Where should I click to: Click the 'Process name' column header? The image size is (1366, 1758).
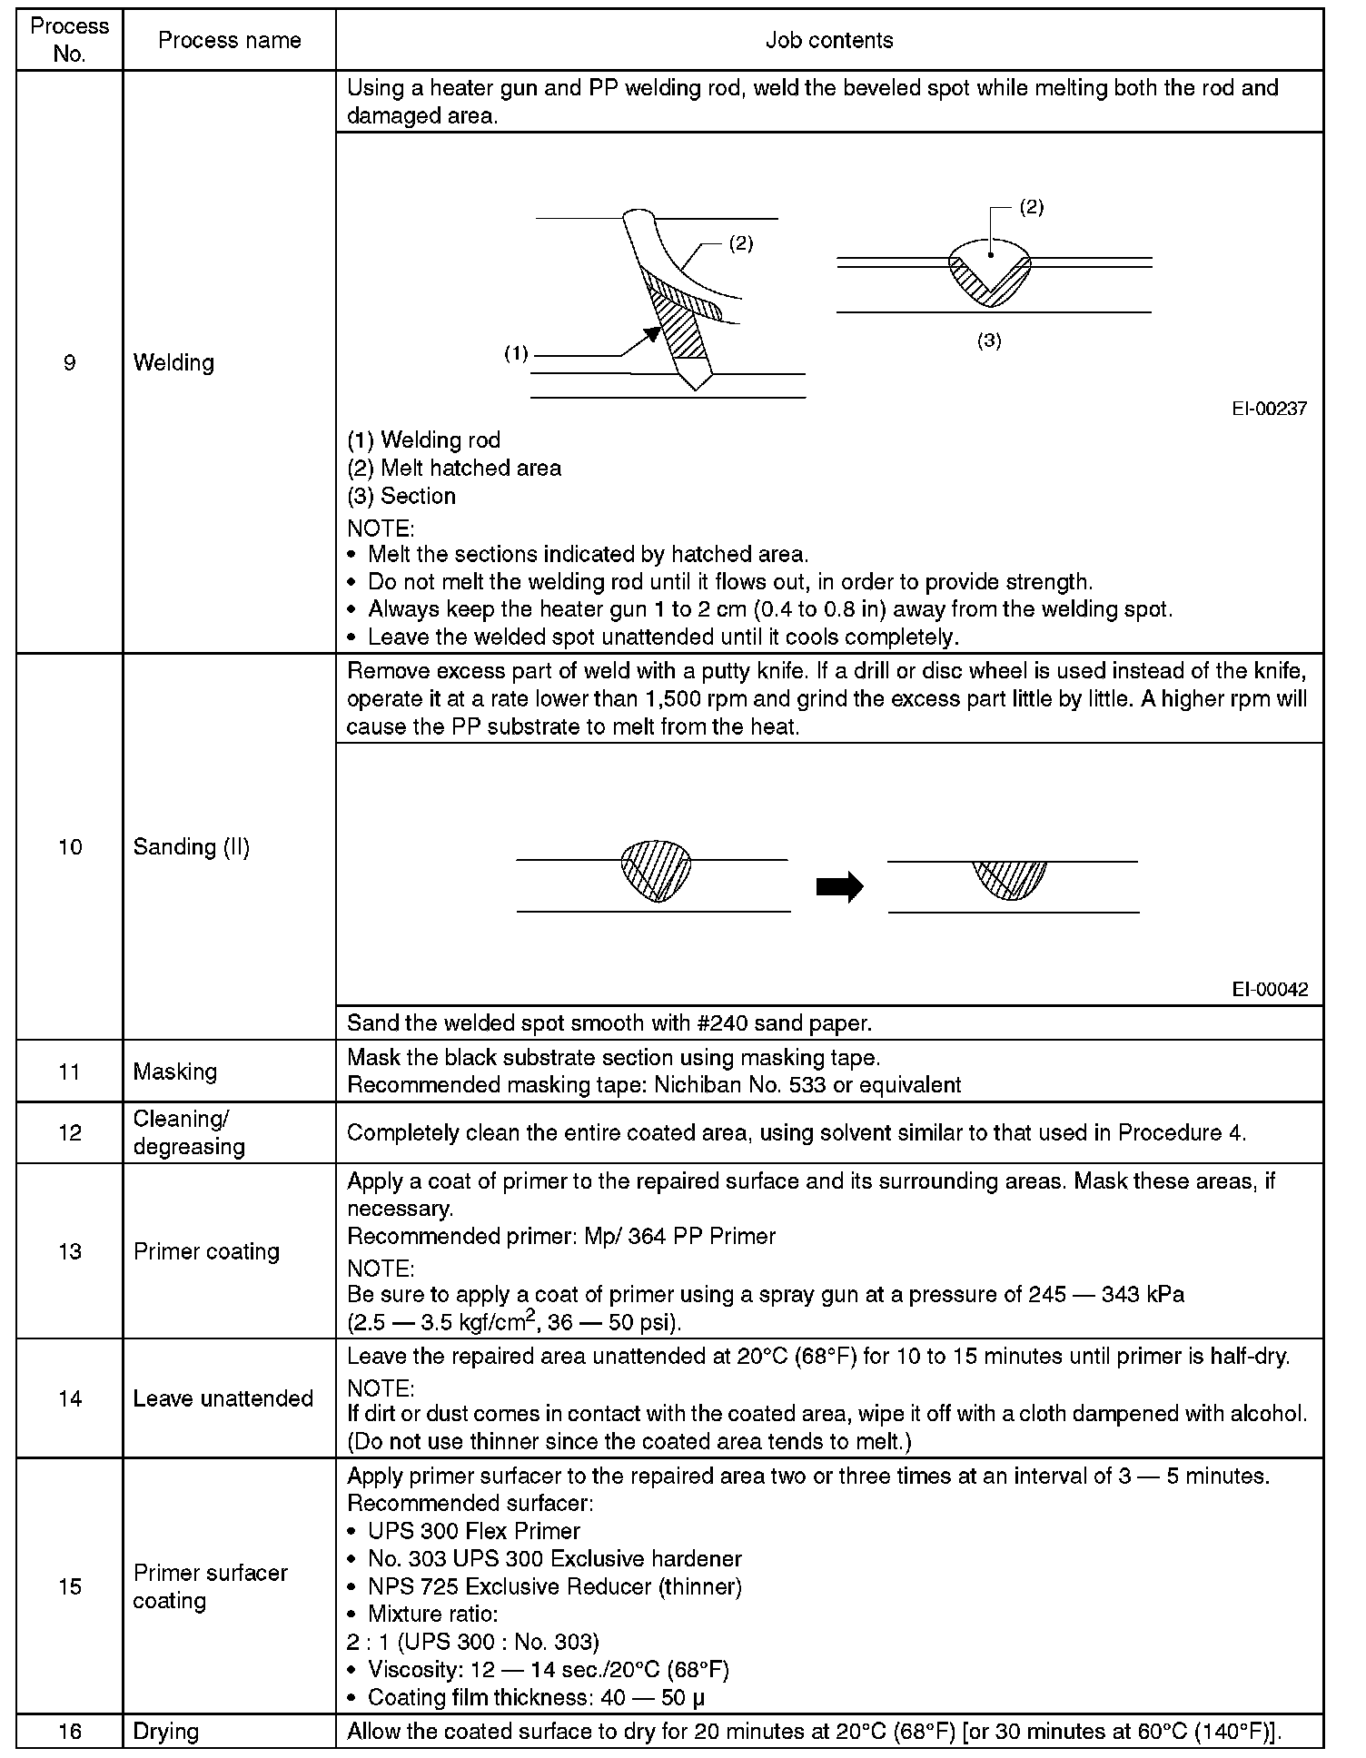pos(229,40)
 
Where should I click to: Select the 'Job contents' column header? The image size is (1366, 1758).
pos(828,40)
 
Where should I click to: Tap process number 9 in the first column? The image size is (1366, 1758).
pos(69,363)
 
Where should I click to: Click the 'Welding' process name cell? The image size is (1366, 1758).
pos(173,363)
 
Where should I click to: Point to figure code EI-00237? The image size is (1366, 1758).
pos(1269,409)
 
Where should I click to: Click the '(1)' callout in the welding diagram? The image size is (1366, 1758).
pos(516,354)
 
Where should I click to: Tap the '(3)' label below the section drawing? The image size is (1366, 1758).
pos(989,341)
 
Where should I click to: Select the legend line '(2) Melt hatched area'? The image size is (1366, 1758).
pos(454,469)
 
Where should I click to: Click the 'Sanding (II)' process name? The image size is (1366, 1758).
pos(191,847)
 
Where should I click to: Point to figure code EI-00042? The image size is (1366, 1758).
pos(1270,990)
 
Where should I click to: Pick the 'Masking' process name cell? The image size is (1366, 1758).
pos(175,1072)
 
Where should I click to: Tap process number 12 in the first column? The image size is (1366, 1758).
pos(70,1133)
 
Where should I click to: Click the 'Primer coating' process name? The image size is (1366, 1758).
pos(206,1251)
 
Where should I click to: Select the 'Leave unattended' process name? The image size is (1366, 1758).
pos(223,1398)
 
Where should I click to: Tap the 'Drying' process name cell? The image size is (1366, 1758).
pos(165,1731)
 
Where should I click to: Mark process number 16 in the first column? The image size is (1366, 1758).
pos(70,1731)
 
